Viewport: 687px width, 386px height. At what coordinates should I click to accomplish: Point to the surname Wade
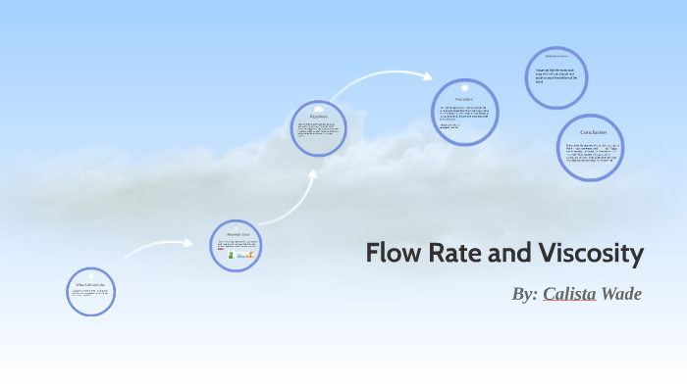point(621,294)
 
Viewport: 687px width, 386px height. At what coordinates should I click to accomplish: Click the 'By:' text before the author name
point(525,294)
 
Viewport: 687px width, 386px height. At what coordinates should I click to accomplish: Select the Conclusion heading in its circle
point(592,131)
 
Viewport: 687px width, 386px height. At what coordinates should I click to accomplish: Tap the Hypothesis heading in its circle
point(317,116)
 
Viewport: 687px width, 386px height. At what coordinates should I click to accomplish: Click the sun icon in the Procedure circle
point(464,89)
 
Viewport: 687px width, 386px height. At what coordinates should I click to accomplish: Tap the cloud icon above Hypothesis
point(318,105)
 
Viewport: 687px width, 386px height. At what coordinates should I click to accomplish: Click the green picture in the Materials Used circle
point(232,254)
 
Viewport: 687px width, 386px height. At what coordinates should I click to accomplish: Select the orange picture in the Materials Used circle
point(252,254)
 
